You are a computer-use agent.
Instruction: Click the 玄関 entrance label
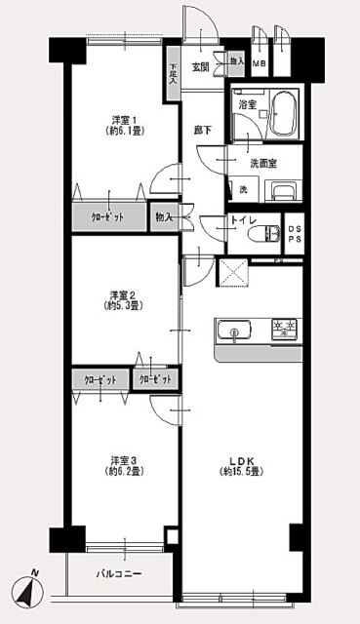point(199,66)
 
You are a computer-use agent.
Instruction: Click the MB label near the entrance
point(259,65)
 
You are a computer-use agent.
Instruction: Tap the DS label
point(291,230)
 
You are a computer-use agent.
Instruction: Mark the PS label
point(291,243)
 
